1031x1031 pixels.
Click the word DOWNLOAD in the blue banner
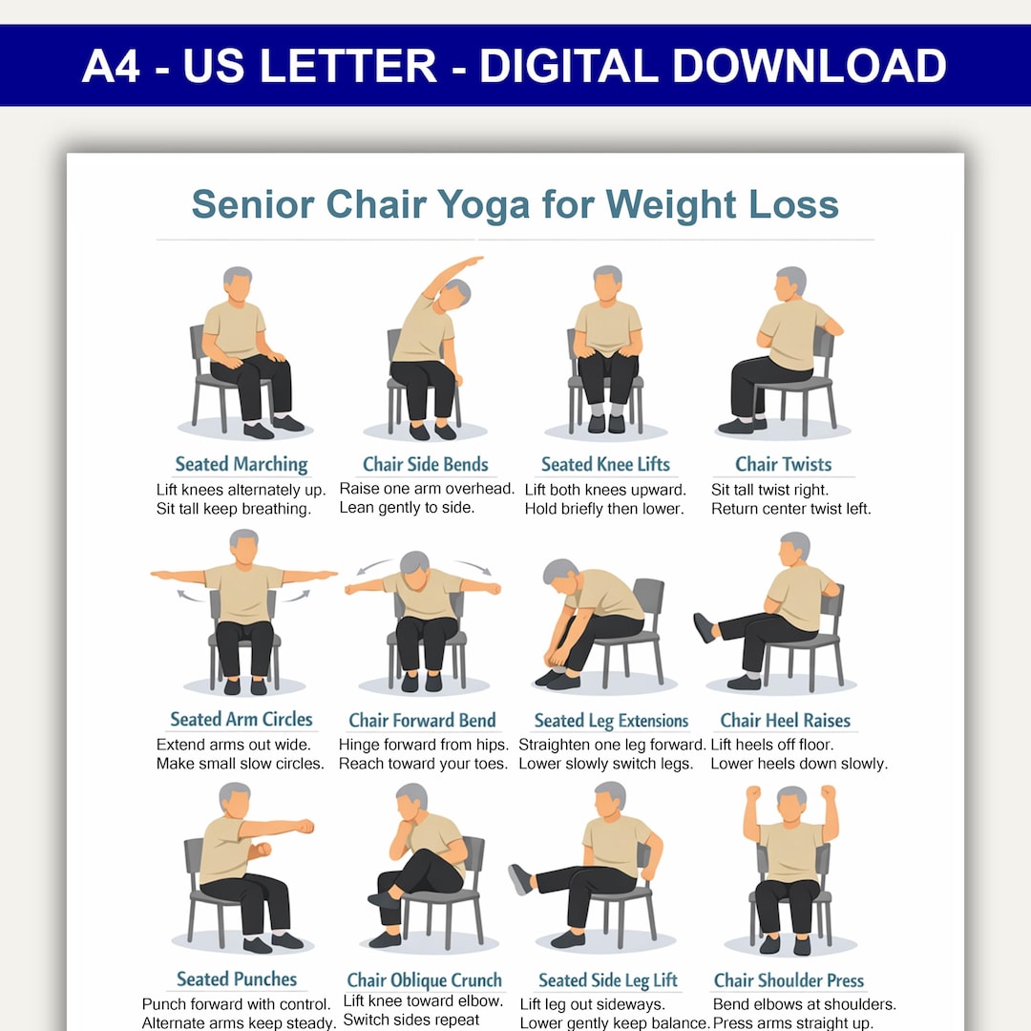(x=810, y=66)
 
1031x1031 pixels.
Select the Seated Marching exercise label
(x=242, y=464)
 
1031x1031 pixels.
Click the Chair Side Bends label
(x=426, y=464)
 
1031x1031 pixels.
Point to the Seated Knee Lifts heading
(x=605, y=464)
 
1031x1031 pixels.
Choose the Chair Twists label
(x=783, y=464)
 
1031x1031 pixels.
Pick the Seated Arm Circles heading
(x=242, y=720)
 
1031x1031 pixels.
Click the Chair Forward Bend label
(x=422, y=720)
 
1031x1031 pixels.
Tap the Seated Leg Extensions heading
(x=611, y=721)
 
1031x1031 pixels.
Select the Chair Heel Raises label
(x=785, y=720)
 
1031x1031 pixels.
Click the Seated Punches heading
(x=237, y=979)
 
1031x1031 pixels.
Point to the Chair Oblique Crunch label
(x=424, y=980)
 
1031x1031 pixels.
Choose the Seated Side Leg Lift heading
(x=607, y=980)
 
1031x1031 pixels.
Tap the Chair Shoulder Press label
(x=789, y=980)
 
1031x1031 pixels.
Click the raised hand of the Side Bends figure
(x=473, y=261)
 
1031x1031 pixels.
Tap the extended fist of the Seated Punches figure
(x=305, y=826)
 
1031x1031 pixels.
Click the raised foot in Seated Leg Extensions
(x=704, y=628)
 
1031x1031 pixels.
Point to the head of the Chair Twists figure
(x=789, y=282)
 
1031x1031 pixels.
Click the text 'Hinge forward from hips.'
(x=424, y=745)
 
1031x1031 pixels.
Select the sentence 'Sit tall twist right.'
(x=769, y=490)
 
